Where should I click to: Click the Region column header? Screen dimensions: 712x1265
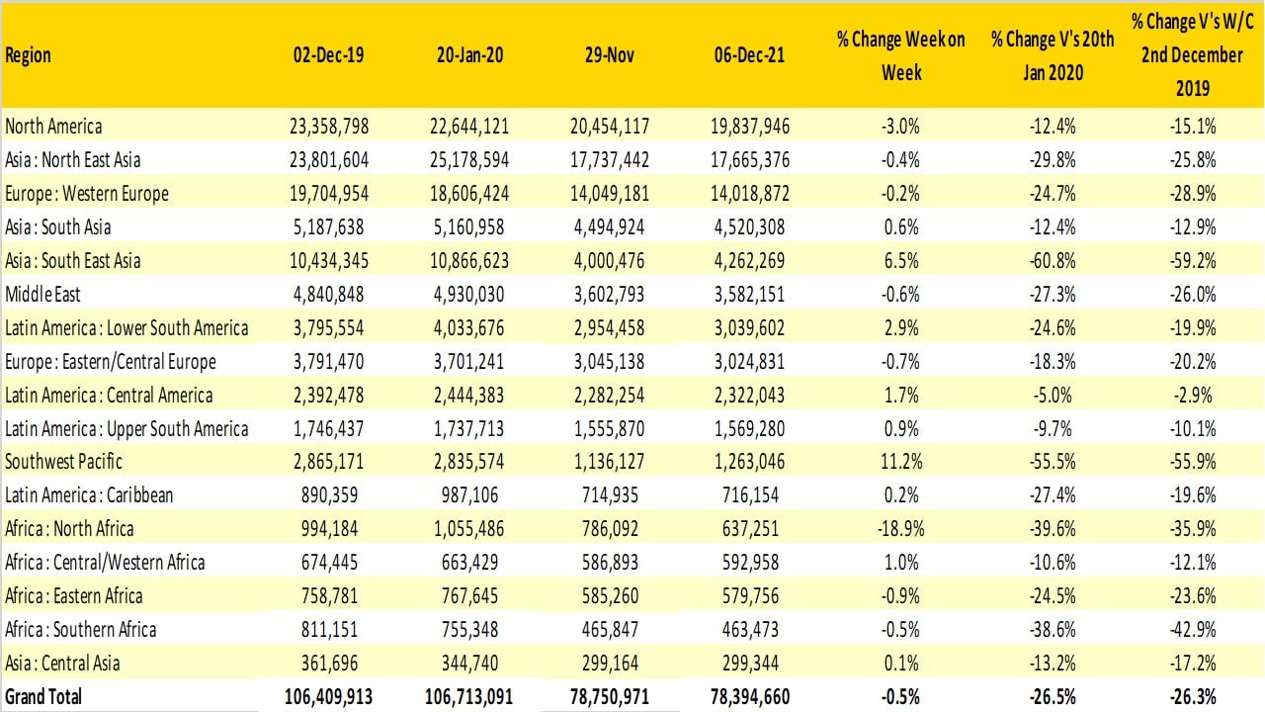coord(29,56)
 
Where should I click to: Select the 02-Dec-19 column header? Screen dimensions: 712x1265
coord(328,55)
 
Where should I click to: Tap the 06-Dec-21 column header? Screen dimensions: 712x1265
coord(750,55)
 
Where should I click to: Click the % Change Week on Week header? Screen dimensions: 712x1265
coord(900,55)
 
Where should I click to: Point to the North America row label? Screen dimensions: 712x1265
coord(53,127)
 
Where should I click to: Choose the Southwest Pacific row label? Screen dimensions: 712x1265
coord(64,462)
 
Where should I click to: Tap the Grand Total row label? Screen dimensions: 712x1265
coord(43,696)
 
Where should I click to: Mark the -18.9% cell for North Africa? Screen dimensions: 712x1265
coord(900,529)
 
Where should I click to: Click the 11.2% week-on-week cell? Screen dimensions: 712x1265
coord(900,462)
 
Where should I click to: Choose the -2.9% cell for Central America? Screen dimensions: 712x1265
coord(1193,396)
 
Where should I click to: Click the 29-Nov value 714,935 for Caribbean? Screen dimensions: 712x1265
coord(613,495)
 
